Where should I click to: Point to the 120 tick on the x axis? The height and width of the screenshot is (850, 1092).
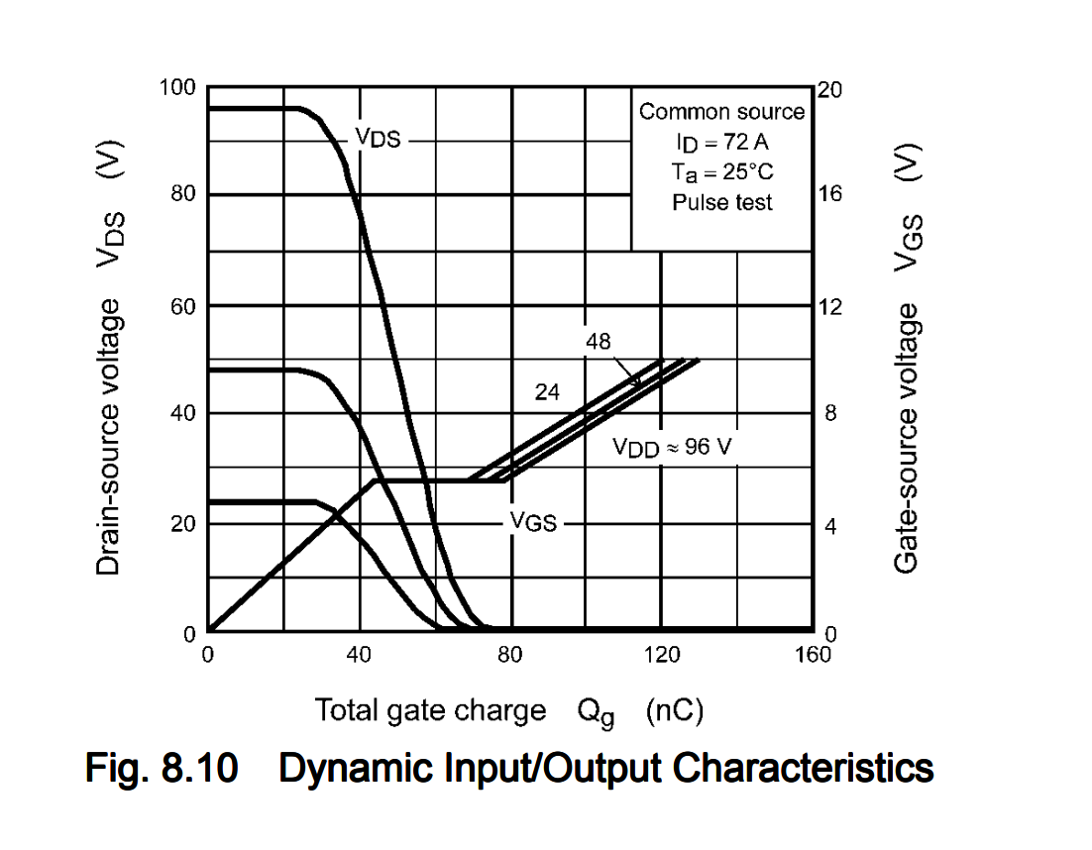(662, 654)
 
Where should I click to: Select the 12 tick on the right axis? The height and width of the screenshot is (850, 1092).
(829, 306)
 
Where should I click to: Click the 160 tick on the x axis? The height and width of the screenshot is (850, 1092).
(813, 654)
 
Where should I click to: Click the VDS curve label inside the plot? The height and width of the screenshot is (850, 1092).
(379, 140)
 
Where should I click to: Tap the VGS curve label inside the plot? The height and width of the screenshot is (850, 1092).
(533, 522)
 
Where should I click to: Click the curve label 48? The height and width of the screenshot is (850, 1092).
(599, 342)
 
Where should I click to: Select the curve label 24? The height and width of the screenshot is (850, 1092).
(547, 392)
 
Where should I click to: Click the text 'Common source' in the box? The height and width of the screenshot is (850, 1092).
(721, 112)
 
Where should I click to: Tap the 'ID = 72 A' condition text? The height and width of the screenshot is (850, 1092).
(721, 142)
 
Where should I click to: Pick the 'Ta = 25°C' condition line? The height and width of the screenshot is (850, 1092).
(721, 172)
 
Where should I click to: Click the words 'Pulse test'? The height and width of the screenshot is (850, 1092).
(721, 202)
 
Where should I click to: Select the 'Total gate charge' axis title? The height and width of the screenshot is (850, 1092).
(430, 710)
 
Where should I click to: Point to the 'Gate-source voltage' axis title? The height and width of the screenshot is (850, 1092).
(906, 437)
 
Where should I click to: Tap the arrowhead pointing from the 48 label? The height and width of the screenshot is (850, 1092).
(638, 383)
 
